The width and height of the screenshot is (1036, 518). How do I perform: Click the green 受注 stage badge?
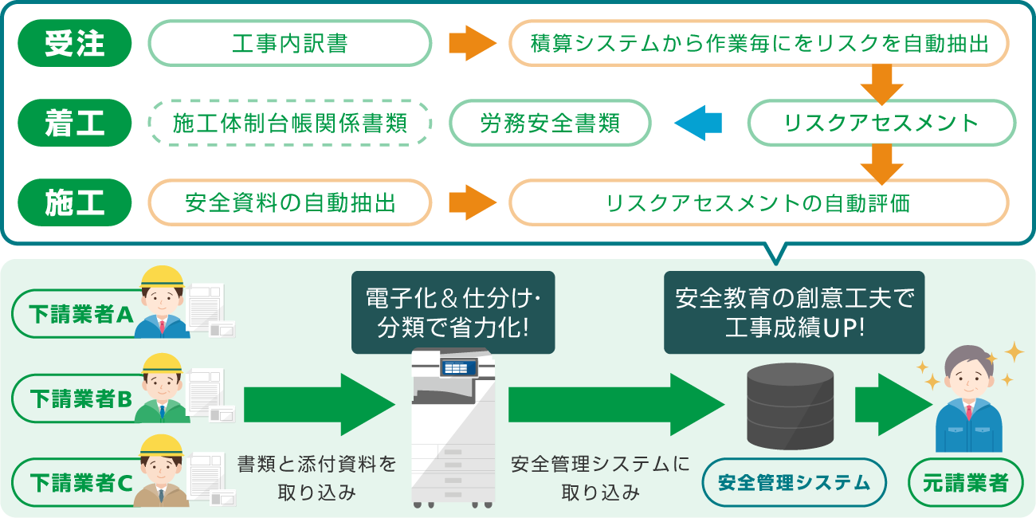point(75,43)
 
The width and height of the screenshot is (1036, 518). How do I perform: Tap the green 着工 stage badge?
point(75,123)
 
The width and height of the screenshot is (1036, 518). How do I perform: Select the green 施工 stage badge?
point(75,202)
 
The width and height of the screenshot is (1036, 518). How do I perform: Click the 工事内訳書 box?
point(290,43)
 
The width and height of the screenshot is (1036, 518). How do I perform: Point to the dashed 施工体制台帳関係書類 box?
point(290,123)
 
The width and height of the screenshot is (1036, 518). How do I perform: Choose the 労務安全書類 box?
point(550,123)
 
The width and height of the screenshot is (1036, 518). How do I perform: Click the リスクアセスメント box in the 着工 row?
point(881,123)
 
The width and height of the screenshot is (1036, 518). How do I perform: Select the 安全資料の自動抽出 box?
point(290,202)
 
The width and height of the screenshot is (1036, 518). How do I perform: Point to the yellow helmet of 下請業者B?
point(163,365)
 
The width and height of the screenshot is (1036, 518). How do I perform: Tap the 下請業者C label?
point(76,481)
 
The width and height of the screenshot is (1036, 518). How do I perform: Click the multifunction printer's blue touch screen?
point(458,367)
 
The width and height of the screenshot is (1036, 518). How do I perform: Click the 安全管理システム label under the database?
point(794,482)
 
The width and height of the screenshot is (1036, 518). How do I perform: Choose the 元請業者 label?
point(966,482)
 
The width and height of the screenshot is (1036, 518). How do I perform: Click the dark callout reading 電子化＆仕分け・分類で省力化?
point(453,312)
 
